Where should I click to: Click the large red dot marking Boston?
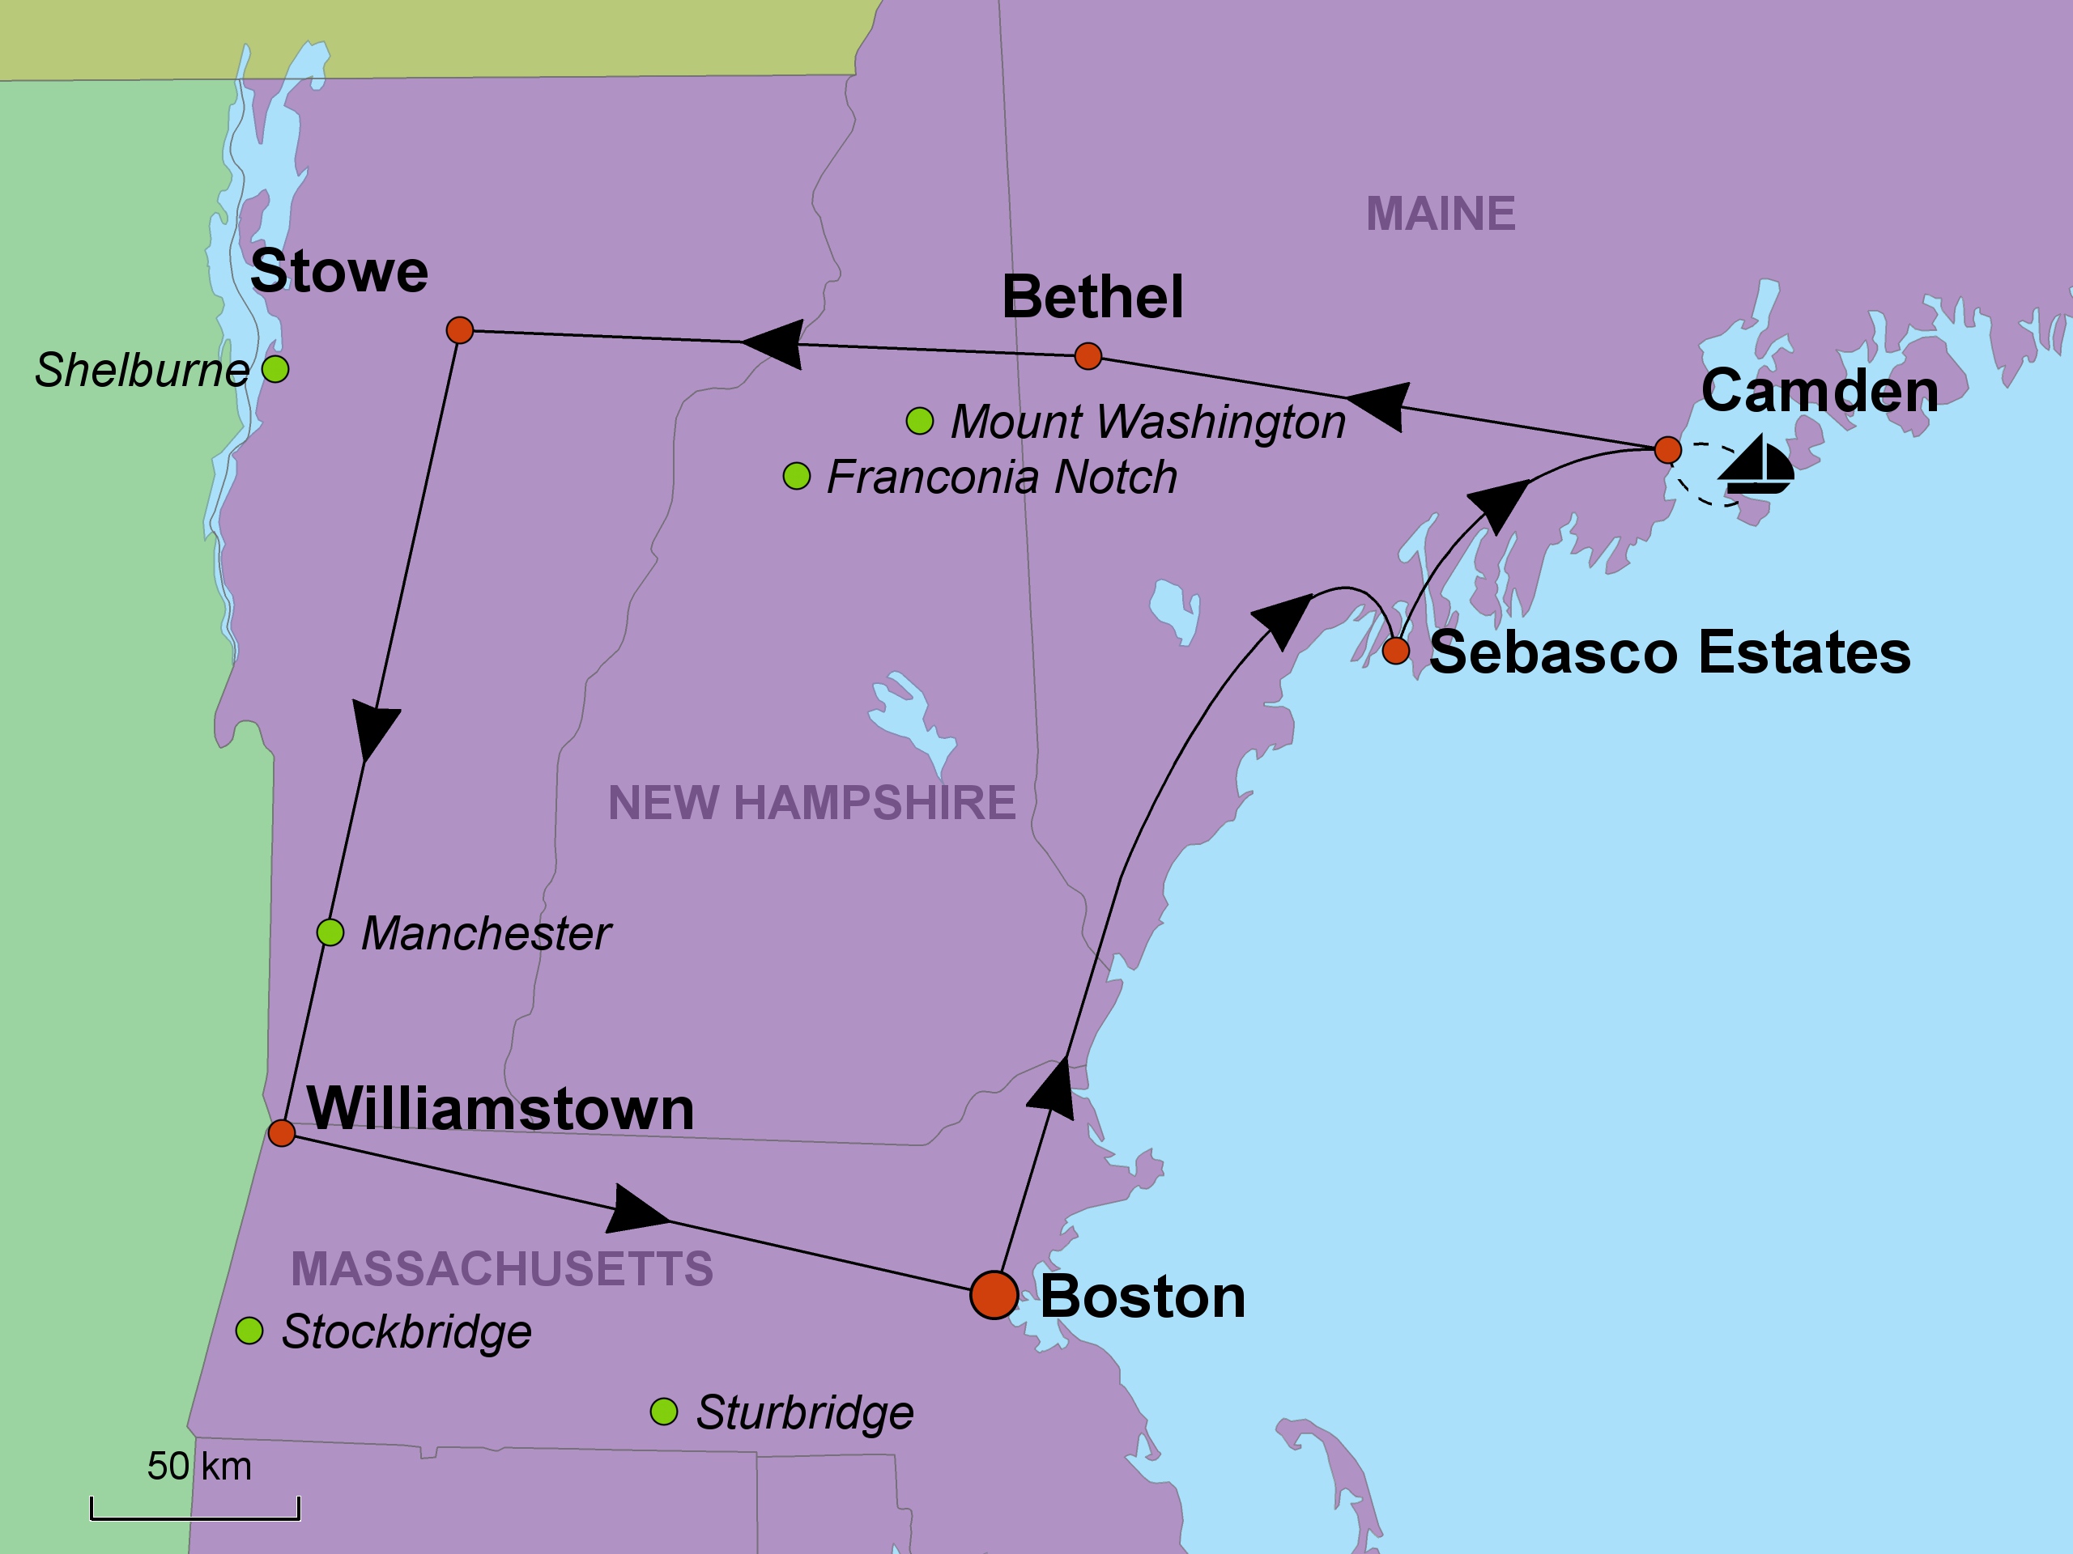(994, 1296)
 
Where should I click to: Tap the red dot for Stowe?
(459, 329)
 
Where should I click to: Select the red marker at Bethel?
(1087, 356)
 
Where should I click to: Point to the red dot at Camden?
(1667, 450)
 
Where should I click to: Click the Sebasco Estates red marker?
(1395, 650)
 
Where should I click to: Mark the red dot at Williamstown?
(282, 1132)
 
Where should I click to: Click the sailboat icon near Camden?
(1756, 465)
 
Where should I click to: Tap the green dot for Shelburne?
(275, 369)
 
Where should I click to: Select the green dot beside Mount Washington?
(919, 421)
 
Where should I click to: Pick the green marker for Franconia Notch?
(797, 476)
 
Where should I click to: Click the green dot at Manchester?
(330, 932)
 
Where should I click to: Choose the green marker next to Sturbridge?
(663, 1411)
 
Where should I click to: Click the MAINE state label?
(1441, 214)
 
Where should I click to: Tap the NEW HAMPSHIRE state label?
(811, 803)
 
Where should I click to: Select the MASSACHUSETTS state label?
(502, 1269)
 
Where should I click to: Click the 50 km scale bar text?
(198, 1466)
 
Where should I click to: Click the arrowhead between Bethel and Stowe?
(774, 344)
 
